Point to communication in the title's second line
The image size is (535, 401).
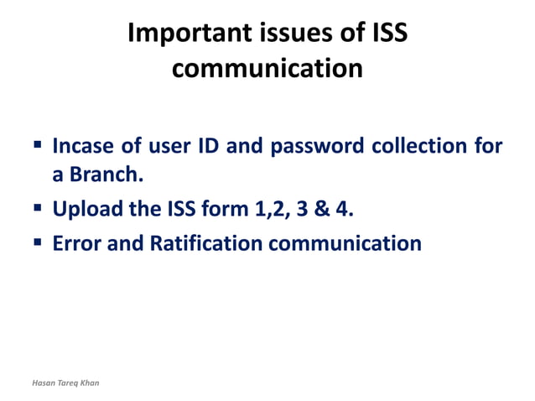coord(267,68)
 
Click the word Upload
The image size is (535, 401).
coord(84,209)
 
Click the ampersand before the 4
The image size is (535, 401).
coord(322,209)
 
